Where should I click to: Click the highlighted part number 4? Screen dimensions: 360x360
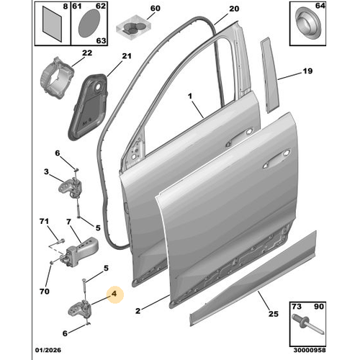point(112,293)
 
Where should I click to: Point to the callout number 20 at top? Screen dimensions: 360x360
point(233,9)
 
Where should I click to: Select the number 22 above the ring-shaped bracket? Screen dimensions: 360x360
point(86,52)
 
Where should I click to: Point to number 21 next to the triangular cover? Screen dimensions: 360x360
point(127,56)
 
